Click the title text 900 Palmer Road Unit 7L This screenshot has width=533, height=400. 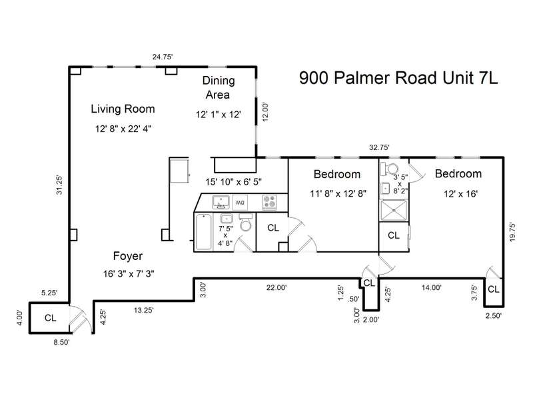[x=398, y=78]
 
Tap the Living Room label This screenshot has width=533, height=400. [x=123, y=109]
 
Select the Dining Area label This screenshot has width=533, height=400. [x=219, y=87]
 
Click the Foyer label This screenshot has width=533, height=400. [x=127, y=256]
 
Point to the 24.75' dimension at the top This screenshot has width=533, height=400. [x=163, y=57]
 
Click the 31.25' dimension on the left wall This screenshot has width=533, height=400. [x=59, y=185]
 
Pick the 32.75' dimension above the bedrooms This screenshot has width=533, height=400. [x=379, y=147]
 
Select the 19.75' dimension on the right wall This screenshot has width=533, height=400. [x=512, y=232]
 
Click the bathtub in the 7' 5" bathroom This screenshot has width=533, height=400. [x=204, y=231]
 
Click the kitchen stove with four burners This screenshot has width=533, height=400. [x=270, y=202]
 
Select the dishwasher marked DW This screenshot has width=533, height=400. [x=240, y=203]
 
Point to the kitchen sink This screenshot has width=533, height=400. [x=221, y=202]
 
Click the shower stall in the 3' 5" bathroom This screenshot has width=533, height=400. [x=394, y=210]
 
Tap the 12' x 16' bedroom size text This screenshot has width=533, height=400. [x=460, y=194]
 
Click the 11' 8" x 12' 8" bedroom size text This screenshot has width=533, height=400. [x=338, y=193]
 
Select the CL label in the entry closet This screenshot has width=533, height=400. [x=51, y=318]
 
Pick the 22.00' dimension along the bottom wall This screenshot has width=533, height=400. [x=276, y=287]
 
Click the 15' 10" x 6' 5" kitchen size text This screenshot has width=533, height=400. [x=234, y=182]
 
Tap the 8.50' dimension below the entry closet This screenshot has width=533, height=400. [x=61, y=342]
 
